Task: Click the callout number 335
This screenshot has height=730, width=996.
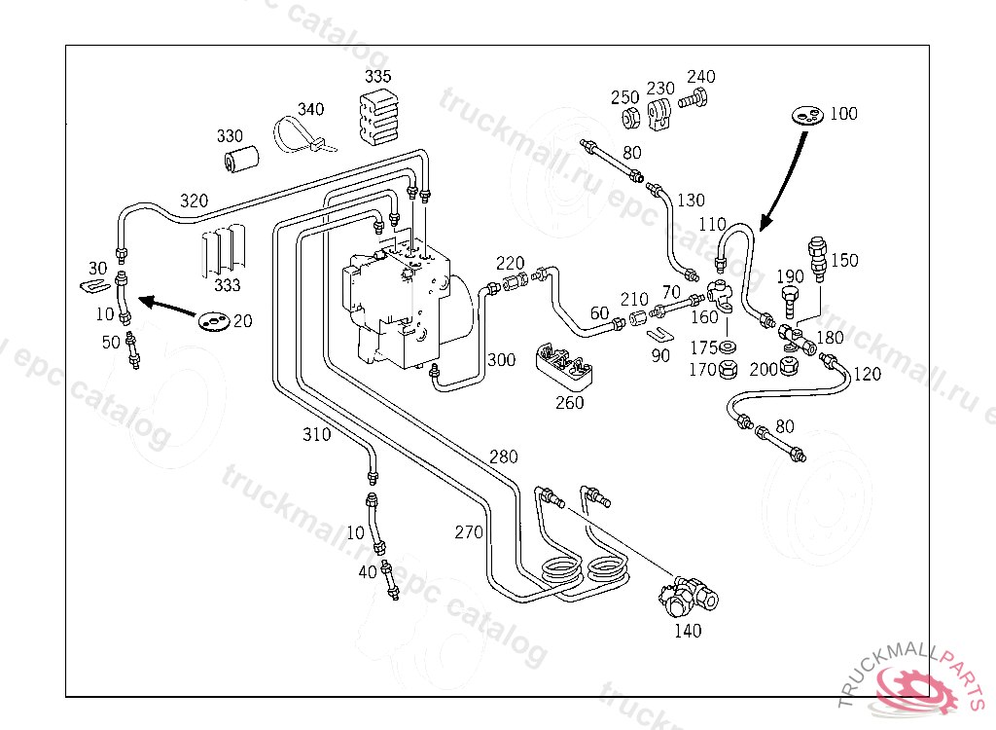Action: pos(378,76)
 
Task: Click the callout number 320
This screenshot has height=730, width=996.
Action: pos(194,201)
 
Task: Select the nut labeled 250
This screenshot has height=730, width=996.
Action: pos(630,120)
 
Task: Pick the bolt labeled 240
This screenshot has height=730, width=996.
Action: pos(694,99)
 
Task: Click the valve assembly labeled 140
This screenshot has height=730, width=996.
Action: pos(691,595)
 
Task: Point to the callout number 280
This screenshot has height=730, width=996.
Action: pos(504,456)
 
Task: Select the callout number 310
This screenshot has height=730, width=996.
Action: pos(316,435)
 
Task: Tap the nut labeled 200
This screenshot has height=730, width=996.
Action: pos(791,366)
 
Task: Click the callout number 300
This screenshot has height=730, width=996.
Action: pos(501,360)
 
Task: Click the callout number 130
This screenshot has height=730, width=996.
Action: pos(691,201)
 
